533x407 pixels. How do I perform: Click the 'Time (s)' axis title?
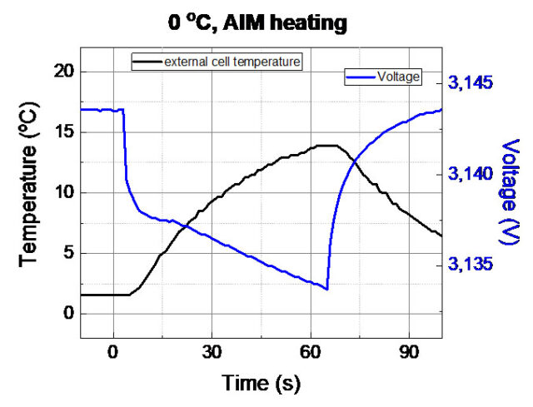click(261, 383)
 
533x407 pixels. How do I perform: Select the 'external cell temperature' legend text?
click(232, 62)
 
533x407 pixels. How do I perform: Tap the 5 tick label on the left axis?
click(64, 253)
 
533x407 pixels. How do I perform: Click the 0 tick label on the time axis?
click(113, 351)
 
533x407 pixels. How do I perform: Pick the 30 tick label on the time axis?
click(212, 351)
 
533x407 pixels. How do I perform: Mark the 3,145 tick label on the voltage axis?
click(472, 83)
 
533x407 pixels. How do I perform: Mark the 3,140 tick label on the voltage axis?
click(472, 174)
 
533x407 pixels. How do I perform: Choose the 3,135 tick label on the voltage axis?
click(472, 265)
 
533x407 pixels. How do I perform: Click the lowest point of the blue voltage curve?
click(327, 289)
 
